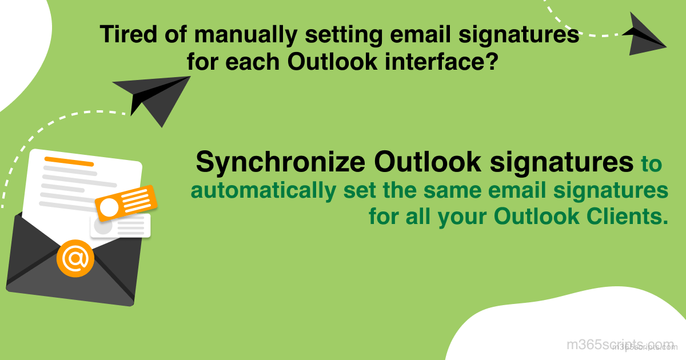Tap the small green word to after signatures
click(651, 164)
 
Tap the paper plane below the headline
click(153, 98)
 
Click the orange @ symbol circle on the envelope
click(75, 259)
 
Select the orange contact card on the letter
click(126, 202)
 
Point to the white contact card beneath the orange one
click(121, 226)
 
